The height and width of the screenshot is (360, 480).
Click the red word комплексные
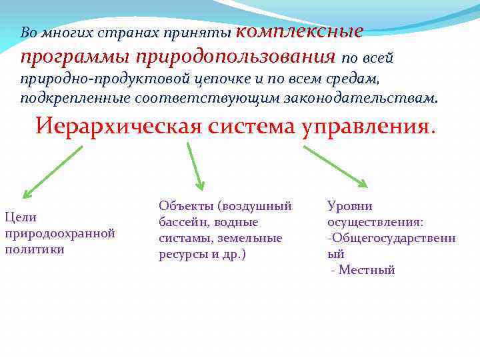[x=299, y=31]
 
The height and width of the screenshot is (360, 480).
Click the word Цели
[x=21, y=217]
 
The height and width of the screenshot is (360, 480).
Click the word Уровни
[x=349, y=206]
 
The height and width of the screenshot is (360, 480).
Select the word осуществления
[x=374, y=222]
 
